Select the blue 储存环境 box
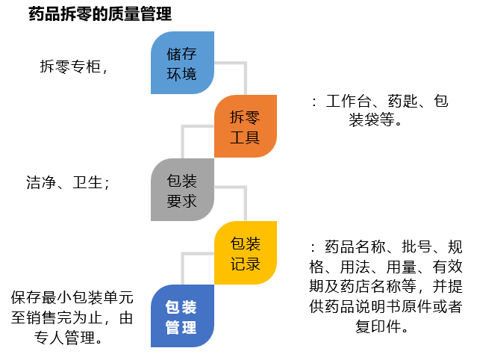pos(182,63)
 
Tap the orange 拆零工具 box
pos(245,126)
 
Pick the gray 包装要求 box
pos(182,190)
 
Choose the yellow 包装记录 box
pos(245,253)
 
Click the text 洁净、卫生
pos(64,181)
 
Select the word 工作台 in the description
pos(349,102)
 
